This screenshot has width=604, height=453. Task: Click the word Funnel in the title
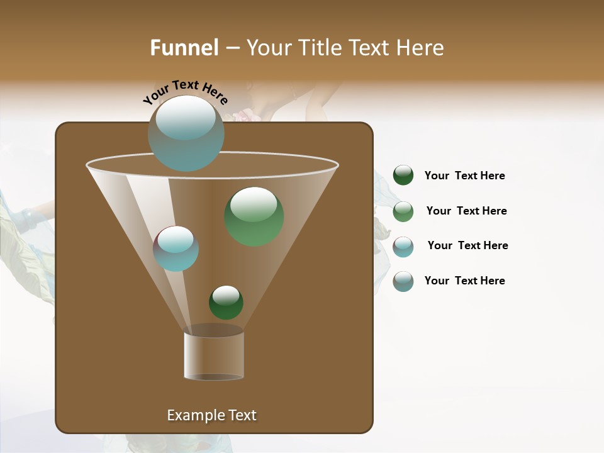[x=184, y=48]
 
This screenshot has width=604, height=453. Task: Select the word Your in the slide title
[x=269, y=48]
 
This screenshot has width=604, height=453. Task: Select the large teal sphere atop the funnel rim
[x=186, y=133]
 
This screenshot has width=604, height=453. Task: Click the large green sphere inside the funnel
[x=254, y=216]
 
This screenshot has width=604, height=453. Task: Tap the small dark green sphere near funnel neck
[x=226, y=302]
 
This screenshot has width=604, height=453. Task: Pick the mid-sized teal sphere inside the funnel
[x=176, y=249]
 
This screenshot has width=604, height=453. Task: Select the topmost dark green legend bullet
[x=403, y=176]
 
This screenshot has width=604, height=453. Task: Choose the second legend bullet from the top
[x=403, y=211]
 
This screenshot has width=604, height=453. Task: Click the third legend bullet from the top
[x=403, y=247]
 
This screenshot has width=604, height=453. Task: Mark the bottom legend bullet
[x=403, y=281]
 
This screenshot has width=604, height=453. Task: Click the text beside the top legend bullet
[x=464, y=176]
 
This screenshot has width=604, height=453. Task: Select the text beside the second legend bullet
[x=466, y=211]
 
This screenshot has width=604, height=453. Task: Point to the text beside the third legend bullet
[x=467, y=245]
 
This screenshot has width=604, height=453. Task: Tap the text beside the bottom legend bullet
[x=464, y=281]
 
